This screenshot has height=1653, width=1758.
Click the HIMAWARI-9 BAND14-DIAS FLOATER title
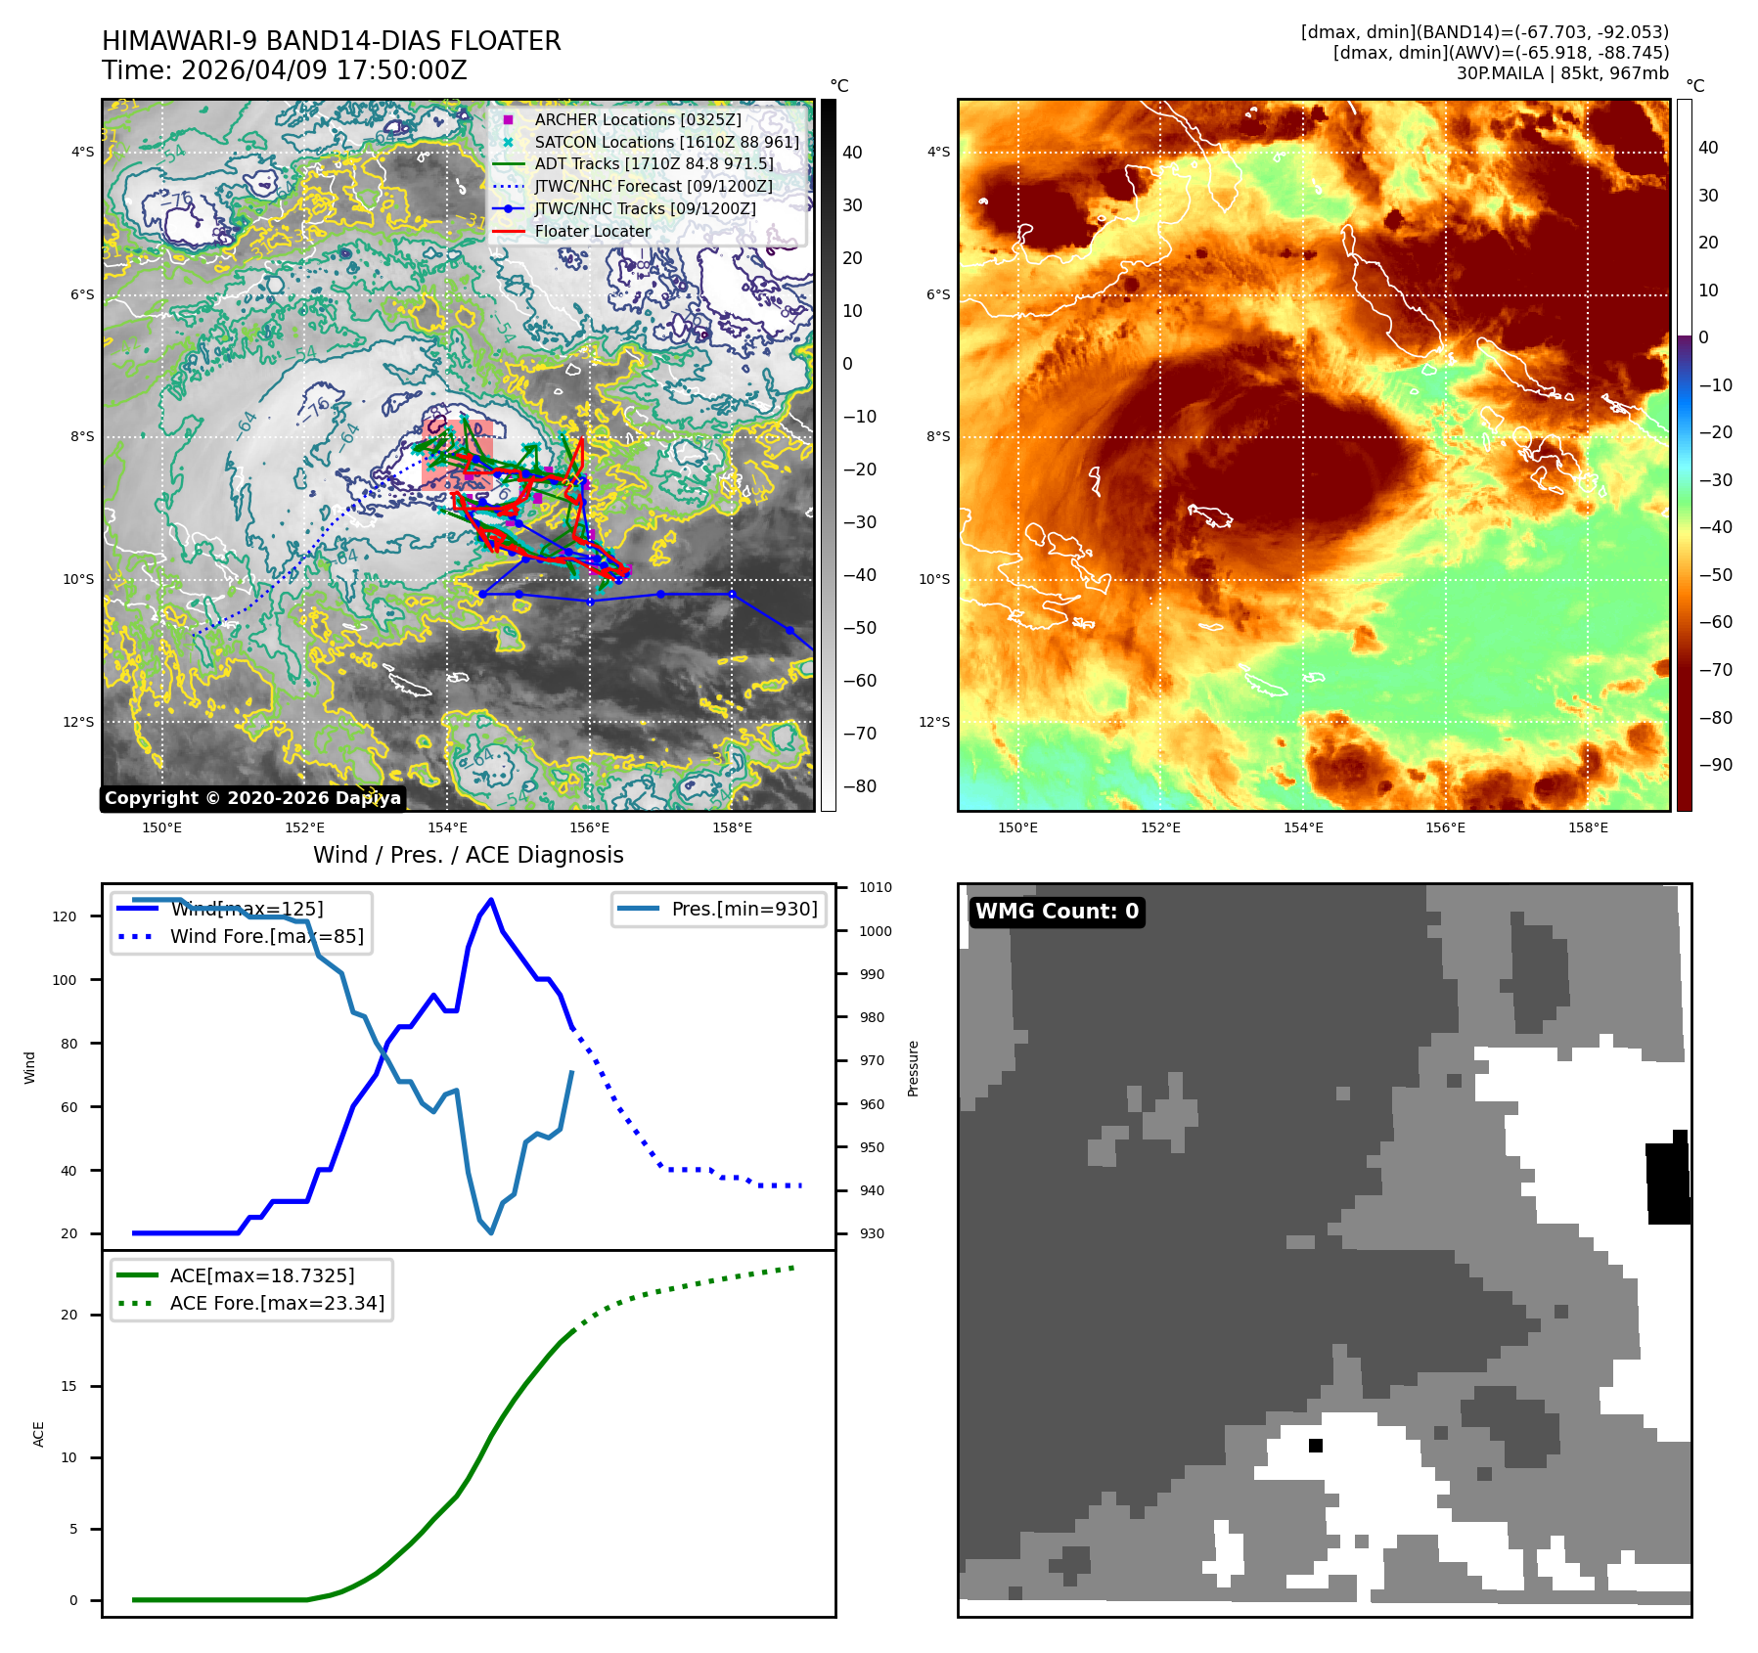(x=332, y=41)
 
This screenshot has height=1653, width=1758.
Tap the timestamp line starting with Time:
(x=285, y=71)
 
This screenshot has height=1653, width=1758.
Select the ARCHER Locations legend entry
(x=637, y=119)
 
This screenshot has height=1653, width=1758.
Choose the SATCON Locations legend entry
(x=666, y=142)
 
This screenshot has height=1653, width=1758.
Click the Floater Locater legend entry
(x=592, y=231)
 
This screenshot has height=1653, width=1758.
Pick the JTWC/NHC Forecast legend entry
(x=653, y=186)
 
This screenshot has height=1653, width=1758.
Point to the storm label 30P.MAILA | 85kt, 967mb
(x=1562, y=73)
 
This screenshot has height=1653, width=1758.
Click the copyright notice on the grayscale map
(x=252, y=798)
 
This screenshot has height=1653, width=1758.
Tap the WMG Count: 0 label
(x=1057, y=912)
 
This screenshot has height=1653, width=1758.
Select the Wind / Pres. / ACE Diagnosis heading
(x=468, y=855)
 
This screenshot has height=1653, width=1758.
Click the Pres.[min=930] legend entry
(x=744, y=909)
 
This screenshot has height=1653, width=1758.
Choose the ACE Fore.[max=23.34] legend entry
(x=277, y=1303)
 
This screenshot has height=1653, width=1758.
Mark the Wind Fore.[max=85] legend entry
(x=266, y=936)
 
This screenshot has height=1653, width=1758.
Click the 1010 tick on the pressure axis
(x=876, y=888)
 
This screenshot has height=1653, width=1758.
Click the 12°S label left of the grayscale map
(x=79, y=722)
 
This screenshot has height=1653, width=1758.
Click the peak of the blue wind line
(x=491, y=900)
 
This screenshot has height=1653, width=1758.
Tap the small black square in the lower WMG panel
(x=1316, y=1446)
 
